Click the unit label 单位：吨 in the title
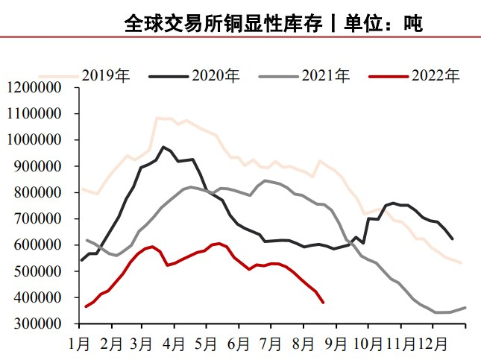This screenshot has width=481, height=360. pos(383,24)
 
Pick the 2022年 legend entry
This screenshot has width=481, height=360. pos(436,75)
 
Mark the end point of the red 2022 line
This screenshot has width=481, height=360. pos(323,302)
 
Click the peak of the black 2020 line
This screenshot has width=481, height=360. pos(163,147)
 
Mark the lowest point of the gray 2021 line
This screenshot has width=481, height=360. pos(436,312)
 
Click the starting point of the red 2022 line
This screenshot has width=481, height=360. pos(86,306)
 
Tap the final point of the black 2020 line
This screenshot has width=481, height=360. pos(453,239)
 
